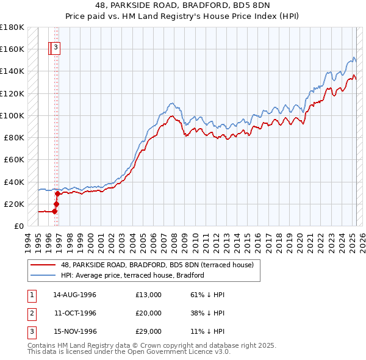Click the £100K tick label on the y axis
coord(12,115)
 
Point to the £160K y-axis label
coord(12,49)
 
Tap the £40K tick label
coord(13,182)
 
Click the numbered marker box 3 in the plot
coord(56,47)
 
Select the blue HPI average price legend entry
coord(132,275)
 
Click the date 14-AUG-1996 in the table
coord(75,295)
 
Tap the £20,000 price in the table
coord(148,313)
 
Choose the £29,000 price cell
coord(148,332)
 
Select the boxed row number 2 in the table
coord(31,313)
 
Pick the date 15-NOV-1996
coord(75,332)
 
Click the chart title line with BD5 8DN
coord(182,6)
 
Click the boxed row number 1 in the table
coord(31,295)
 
